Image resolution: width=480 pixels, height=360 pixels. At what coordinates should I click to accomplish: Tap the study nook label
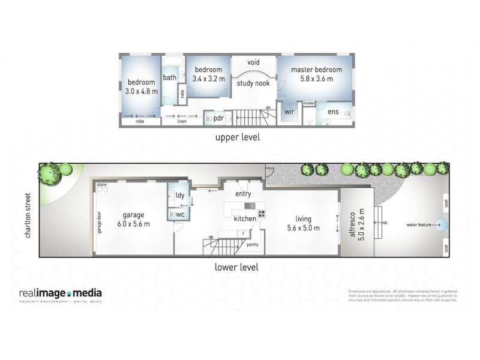pyautogui.click(x=253, y=83)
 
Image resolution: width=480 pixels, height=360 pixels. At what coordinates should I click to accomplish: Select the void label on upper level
pyautogui.click(x=253, y=62)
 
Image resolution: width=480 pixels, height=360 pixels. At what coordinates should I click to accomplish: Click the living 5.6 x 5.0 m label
pyautogui.click(x=303, y=223)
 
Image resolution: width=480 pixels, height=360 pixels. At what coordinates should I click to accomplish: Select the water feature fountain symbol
pyautogui.click(x=441, y=226)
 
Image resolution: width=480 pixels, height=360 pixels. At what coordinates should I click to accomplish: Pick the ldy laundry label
pyautogui.click(x=179, y=195)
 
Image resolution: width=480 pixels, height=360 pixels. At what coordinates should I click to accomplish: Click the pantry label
pyautogui.click(x=252, y=244)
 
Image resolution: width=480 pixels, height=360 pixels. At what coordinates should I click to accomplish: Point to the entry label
pyautogui.click(x=243, y=194)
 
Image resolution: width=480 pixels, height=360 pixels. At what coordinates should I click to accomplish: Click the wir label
pyautogui.click(x=289, y=112)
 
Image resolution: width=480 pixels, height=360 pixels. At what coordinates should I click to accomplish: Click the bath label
pyautogui.click(x=170, y=77)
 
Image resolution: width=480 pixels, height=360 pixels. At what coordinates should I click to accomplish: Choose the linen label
pyautogui.click(x=181, y=121)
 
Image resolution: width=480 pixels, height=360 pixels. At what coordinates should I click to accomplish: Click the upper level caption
pyautogui.click(x=238, y=137)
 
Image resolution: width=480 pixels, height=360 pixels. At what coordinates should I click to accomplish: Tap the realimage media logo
pyautogui.click(x=61, y=294)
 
